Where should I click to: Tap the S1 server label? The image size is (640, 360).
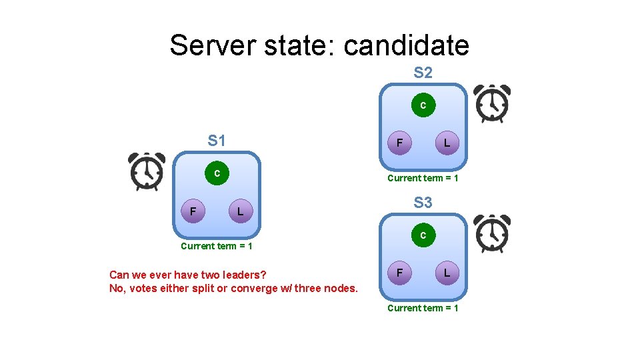pos(217,141)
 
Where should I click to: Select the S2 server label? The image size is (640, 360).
pos(423,73)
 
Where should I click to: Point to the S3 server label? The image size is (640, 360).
pos(423,202)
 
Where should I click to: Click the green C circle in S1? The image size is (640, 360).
pos(217,173)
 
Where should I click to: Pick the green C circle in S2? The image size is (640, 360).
pos(423,105)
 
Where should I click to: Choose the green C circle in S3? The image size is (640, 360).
pos(423,235)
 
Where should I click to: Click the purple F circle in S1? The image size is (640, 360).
pos(193,212)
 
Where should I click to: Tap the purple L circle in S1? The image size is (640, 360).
pos(240,212)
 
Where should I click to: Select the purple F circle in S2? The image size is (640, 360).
pos(399,143)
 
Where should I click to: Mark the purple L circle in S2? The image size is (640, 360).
pos(447,143)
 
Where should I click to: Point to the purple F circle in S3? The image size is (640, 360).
pos(399,273)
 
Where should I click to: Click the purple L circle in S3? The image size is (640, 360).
pos(447,273)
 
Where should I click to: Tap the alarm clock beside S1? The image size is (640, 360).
pos(147,171)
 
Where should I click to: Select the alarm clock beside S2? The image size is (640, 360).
pos(492,103)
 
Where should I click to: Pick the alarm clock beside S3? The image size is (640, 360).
pos(492,233)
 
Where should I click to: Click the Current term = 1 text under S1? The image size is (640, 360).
pos(217,246)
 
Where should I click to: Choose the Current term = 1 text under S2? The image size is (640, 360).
pos(423,178)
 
